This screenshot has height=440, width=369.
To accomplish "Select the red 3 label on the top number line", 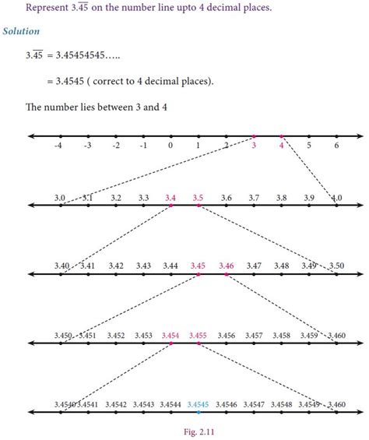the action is tap(254, 146).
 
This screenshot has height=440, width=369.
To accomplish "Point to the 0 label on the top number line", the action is tap(170, 146).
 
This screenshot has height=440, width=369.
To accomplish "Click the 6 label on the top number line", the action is tap(336, 146).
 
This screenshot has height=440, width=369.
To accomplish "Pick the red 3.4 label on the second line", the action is tap(170, 199).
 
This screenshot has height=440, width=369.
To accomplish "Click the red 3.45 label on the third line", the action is tap(198, 266).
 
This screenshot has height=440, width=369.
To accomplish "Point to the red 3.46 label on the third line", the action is tap(226, 266).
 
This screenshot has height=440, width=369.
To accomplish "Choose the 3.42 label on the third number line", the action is tap(115, 266).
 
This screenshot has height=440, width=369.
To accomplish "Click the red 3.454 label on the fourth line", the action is tap(170, 336).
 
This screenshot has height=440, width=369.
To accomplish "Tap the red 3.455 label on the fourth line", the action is tap(198, 336).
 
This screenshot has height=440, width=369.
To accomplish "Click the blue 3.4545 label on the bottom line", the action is tap(198, 404).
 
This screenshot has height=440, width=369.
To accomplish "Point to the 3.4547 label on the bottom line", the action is tap(254, 404).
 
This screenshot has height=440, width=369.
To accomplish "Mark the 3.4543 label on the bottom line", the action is tap(142, 404).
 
